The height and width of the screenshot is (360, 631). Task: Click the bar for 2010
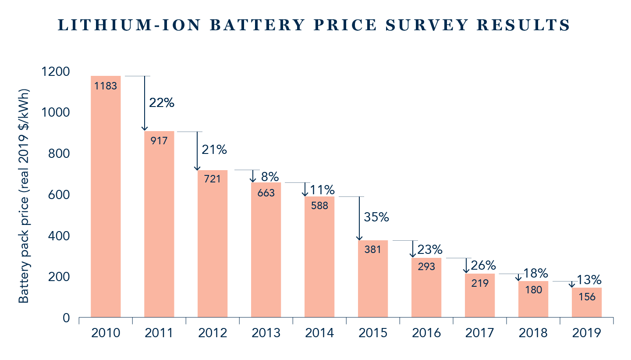point(106,197)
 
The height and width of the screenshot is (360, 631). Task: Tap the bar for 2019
point(587,303)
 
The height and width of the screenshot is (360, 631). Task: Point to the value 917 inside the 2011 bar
point(159,142)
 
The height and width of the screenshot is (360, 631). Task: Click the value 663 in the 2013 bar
point(266,192)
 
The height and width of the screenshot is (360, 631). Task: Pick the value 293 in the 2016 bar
point(426,266)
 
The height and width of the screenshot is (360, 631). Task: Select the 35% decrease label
point(376,217)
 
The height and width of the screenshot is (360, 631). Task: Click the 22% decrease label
point(162,103)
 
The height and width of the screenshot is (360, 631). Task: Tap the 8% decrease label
point(270,177)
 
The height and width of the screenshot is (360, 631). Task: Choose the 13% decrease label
point(588,280)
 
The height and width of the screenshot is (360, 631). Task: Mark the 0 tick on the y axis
point(66,318)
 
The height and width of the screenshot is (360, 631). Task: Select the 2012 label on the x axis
point(213,333)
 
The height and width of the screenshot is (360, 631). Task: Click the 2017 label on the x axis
point(480,333)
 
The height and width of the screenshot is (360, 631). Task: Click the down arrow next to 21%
point(197,151)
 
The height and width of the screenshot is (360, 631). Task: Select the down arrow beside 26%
point(466,266)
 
